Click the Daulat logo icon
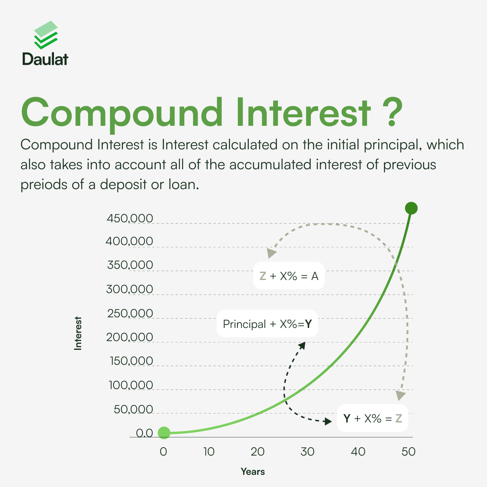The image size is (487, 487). tap(46, 35)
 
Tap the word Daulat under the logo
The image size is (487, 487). tap(45, 59)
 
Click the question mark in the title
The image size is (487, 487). tap(392, 112)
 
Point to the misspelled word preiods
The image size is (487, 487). tap(44, 185)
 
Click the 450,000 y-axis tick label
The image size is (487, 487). tap(130, 218)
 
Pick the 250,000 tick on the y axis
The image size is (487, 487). tap(130, 313)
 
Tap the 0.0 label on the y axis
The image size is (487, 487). tap(144, 433)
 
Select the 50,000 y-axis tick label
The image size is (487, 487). tap(134, 409)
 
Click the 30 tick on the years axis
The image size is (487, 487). tap(307, 452)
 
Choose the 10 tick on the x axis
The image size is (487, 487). tap(209, 452)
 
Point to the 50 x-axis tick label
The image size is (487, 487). tap(408, 452)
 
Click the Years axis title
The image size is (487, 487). tap(253, 472)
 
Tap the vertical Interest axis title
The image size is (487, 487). tap(78, 333)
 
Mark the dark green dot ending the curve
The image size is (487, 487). tap(411, 208)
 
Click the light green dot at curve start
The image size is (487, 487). tap(164, 433)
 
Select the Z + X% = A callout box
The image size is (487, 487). tap(289, 276)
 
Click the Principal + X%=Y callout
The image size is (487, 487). tap(267, 324)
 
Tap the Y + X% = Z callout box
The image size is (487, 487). tap(373, 418)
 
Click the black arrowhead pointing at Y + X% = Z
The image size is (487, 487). tap(328, 421)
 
